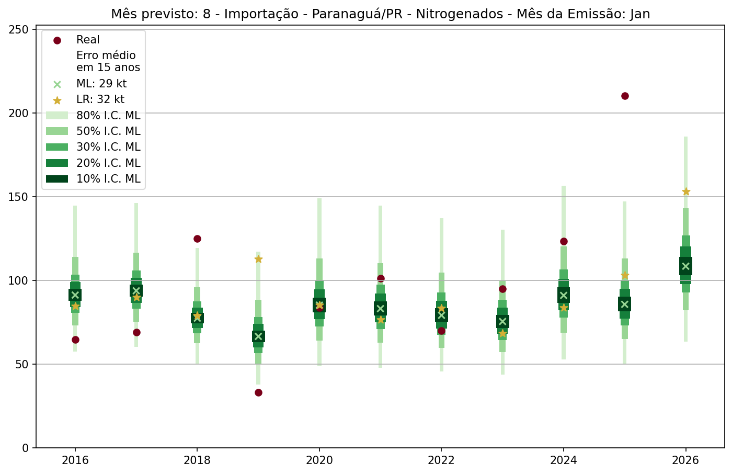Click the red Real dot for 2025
click(624, 96)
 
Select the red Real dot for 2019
click(258, 392)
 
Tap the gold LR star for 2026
click(685, 191)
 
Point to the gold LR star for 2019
click(258, 259)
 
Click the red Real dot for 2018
click(197, 239)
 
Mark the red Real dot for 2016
click(75, 340)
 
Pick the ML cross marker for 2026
click(685, 266)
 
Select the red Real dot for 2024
click(564, 241)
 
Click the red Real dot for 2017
click(136, 332)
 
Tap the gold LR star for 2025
click(624, 275)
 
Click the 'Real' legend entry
click(88, 40)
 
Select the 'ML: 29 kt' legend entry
click(101, 84)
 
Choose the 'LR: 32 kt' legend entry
click(100, 99)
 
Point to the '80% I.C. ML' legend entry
click(108, 116)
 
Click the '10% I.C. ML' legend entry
click(108, 179)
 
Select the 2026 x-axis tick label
click(685, 460)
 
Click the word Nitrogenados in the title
click(454, 14)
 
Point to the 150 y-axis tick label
click(19, 197)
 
